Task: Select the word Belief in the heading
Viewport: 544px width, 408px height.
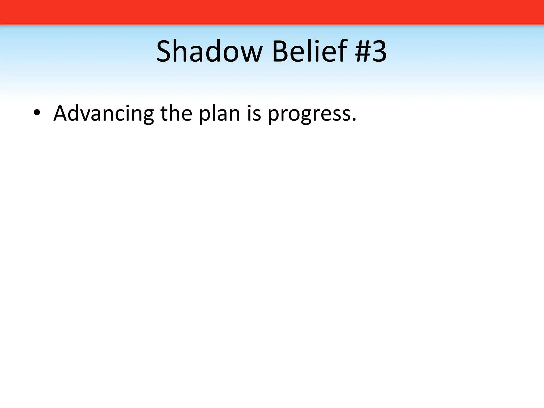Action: (x=309, y=51)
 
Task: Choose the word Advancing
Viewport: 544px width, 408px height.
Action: (x=104, y=114)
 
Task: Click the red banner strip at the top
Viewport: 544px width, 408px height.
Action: (x=272, y=12)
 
